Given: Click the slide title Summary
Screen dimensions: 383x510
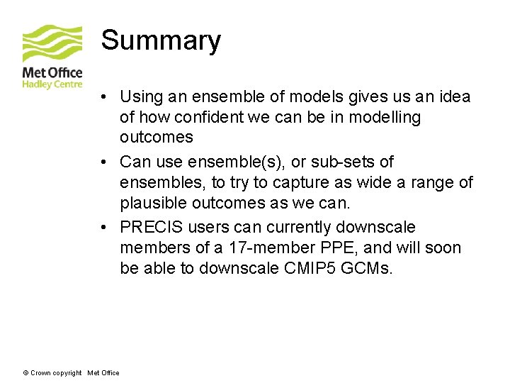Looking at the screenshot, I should [161, 40].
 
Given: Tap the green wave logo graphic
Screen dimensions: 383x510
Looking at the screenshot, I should [52, 44].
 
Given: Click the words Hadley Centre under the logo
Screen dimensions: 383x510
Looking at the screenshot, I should [52, 84].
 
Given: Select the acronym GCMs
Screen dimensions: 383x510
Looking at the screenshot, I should [370, 268].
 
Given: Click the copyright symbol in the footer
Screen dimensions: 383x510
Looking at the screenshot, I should [25, 373].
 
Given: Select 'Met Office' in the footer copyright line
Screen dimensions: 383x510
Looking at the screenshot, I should [103, 373].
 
